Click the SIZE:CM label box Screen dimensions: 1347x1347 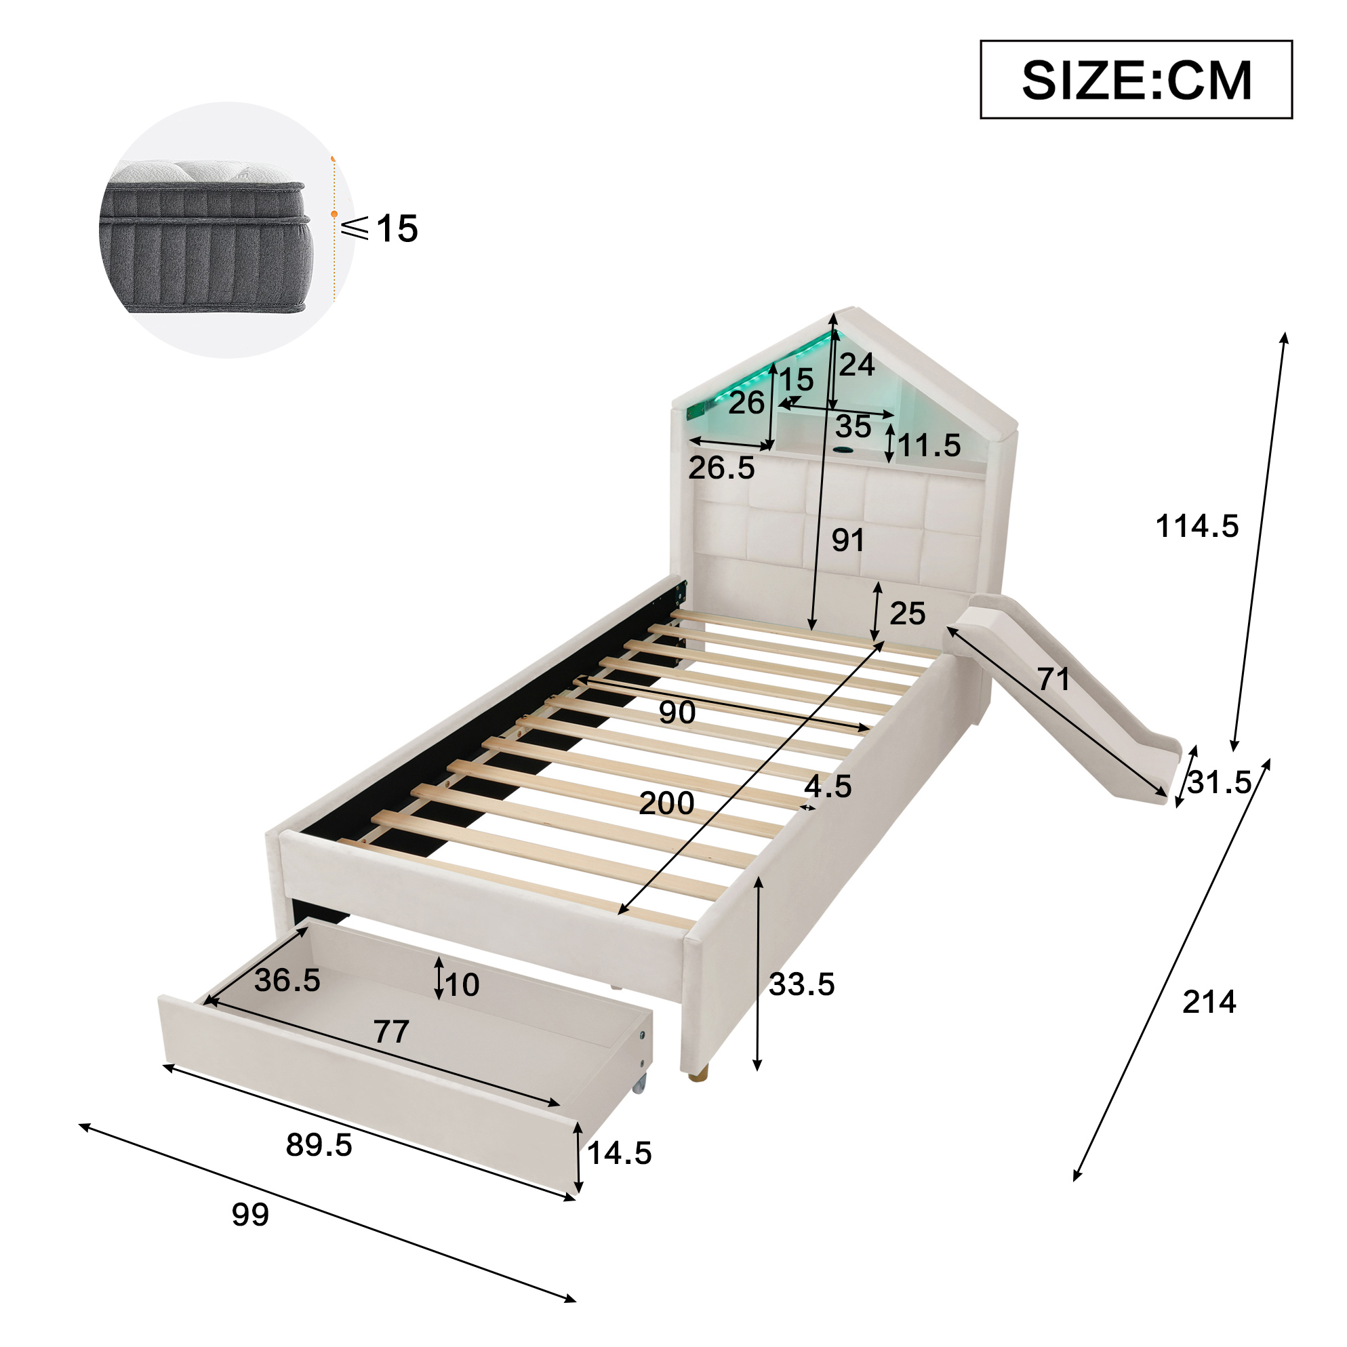pyautogui.click(x=1135, y=79)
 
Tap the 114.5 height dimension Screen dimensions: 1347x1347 pyautogui.click(x=1197, y=525)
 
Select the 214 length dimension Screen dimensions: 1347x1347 pyautogui.click(x=1209, y=1002)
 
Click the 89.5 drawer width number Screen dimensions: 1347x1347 pyautogui.click(x=319, y=1145)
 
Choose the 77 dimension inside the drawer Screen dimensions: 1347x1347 pyautogui.click(x=391, y=1031)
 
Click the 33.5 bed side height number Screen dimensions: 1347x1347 pyautogui.click(x=802, y=984)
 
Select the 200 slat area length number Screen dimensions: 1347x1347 pyautogui.click(x=666, y=803)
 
